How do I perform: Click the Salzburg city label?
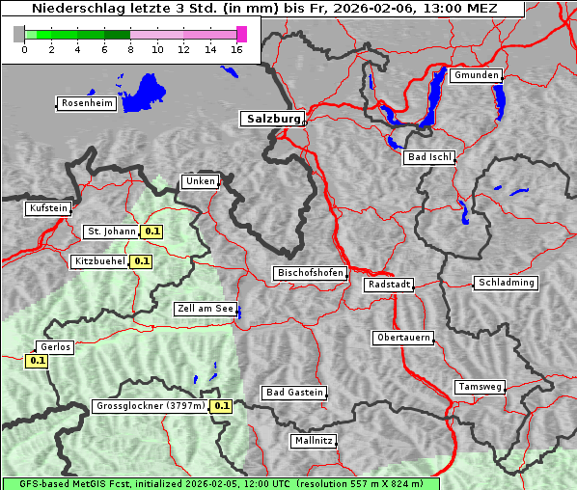coord(272,119)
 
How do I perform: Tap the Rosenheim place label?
coord(87,103)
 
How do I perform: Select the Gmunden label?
coord(476,75)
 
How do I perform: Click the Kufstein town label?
coord(48,207)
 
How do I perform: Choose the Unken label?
coord(200,181)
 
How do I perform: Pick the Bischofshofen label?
coord(310,273)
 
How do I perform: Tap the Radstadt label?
coord(389,285)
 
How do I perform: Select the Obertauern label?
coord(402,338)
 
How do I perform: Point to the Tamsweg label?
coord(480,387)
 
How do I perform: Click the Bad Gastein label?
coord(294,393)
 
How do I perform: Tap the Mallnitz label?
coord(314,441)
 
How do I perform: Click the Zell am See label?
coord(205,309)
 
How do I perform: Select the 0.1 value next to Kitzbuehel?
coord(142,261)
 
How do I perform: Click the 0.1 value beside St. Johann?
coord(151,231)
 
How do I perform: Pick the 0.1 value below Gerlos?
coord(38,361)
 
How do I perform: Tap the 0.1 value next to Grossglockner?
coord(222,406)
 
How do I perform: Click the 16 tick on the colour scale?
coord(237,49)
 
